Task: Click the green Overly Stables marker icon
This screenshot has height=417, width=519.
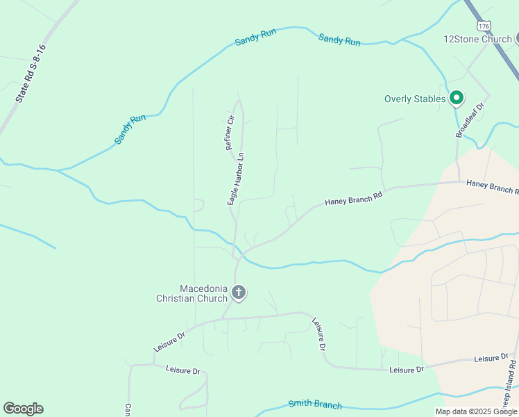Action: tap(456, 99)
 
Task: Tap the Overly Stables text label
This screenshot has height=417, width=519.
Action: tap(415, 99)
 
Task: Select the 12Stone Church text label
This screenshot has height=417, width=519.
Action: tap(477, 39)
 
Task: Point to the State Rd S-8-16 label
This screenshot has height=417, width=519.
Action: tap(31, 74)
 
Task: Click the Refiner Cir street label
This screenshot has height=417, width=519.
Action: tap(230, 131)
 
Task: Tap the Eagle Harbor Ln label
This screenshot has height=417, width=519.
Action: tap(236, 179)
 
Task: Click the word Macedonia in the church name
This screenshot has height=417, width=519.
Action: tap(204, 288)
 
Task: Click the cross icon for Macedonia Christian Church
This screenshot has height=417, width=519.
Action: tap(239, 293)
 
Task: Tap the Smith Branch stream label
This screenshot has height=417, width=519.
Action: tap(315, 404)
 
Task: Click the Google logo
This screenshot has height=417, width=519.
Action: tap(23, 409)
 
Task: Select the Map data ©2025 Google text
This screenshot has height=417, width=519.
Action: tap(475, 411)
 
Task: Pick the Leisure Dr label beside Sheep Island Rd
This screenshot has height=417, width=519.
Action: tap(491, 359)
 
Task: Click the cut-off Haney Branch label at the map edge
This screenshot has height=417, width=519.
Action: tap(492, 186)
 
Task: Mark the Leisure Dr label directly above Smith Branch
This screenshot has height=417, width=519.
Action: tap(406, 370)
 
